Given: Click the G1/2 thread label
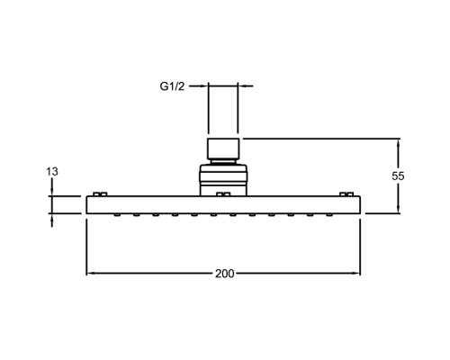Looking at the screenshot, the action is tap(172, 86).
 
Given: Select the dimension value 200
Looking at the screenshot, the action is tap(225, 274).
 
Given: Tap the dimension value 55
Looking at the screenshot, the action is tap(398, 176).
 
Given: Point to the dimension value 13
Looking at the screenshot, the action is tap(52, 172).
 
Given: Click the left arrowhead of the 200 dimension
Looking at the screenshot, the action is tap(91, 274).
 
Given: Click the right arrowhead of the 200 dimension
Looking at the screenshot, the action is tap(355, 274).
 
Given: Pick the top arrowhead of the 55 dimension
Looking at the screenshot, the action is tap(398, 143).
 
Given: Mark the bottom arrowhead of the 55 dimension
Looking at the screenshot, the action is tap(398, 209).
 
